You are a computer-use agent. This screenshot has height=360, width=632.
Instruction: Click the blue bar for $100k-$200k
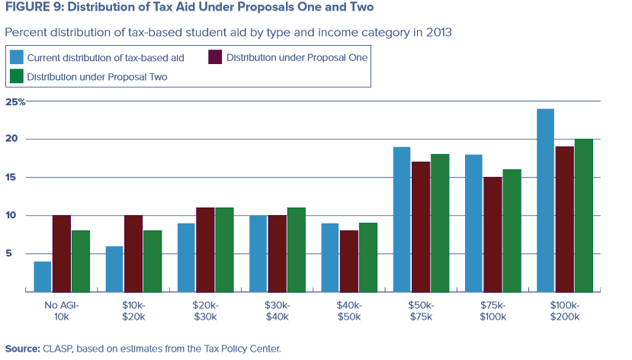click(x=546, y=200)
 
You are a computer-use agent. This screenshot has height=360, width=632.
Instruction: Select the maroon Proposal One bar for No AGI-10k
click(x=62, y=253)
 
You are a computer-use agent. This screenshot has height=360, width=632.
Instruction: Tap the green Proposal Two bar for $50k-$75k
click(x=440, y=223)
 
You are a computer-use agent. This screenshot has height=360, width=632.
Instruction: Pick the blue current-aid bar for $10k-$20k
click(x=114, y=268)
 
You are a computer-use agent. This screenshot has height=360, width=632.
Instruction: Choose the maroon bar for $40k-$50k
click(x=349, y=261)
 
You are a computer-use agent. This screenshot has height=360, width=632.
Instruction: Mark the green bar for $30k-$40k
click(x=297, y=249)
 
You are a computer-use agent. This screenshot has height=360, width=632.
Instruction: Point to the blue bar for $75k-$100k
click(x=473, y=223)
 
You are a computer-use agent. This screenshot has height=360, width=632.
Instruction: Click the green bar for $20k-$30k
click(x=225, y=249)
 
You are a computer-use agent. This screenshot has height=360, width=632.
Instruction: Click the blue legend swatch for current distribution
click(x=17, y=57)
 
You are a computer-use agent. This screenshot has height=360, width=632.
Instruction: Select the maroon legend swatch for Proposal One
click(x=216, y=57)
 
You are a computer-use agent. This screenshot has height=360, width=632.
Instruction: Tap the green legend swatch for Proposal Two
click(x=17, y=76)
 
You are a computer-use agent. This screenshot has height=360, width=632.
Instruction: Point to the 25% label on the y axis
click(x=15, y=101)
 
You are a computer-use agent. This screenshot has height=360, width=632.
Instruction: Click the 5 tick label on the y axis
click(x=11, y=254)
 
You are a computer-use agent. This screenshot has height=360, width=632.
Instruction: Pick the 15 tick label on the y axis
click(x=11, y=178)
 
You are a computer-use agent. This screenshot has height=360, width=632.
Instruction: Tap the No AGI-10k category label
click(x=62, y=309)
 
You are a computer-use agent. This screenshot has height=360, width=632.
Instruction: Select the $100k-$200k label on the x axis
click(x=565, y=309)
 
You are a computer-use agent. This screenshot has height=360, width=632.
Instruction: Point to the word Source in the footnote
click(x=21, y=349)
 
